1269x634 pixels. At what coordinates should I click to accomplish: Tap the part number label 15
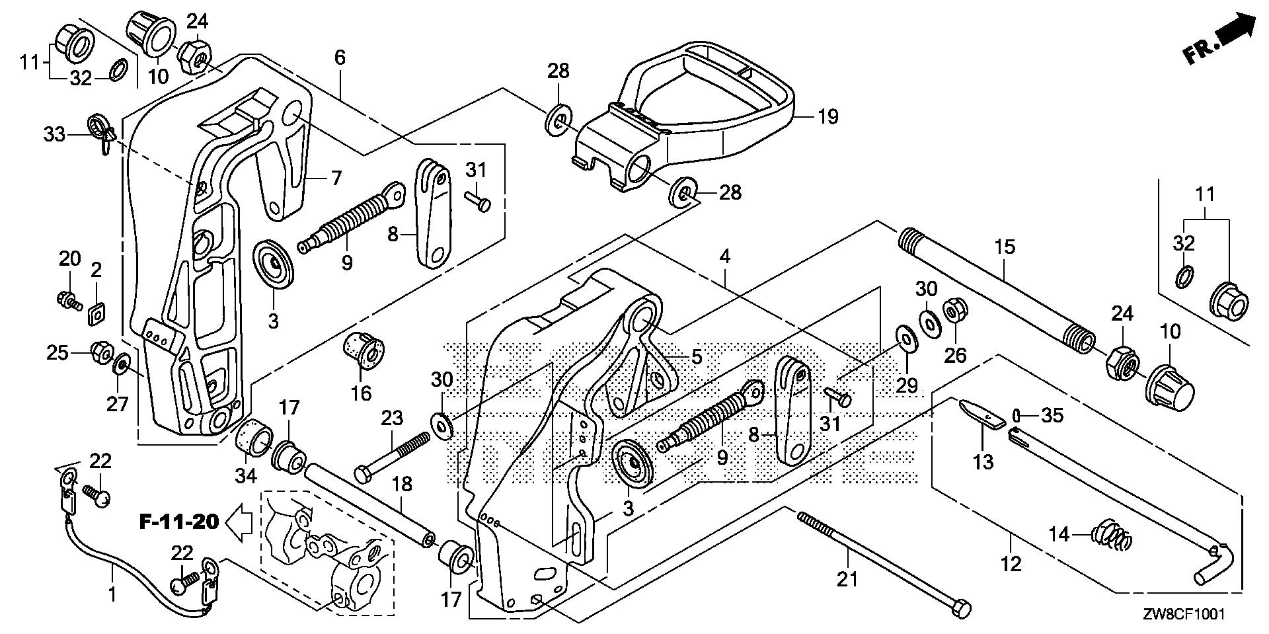click(x=1005, y=247)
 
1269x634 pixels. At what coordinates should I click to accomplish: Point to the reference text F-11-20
click(x=178, y=522)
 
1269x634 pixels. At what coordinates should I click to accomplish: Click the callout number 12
click(x=1011, y=564)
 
